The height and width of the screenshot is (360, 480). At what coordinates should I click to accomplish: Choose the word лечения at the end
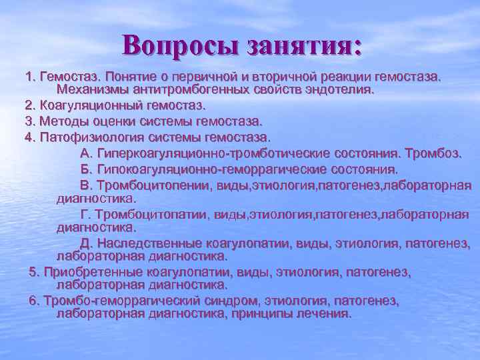[x=326, y=313]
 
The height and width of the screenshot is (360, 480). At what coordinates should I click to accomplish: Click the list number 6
[x=33, y=301]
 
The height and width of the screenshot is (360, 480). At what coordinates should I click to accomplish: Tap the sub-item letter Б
[x=85, y=169]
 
